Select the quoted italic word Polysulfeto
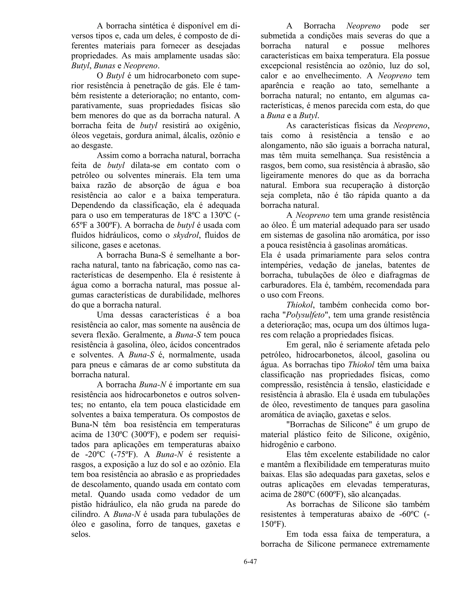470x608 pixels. [x=305, y=315]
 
